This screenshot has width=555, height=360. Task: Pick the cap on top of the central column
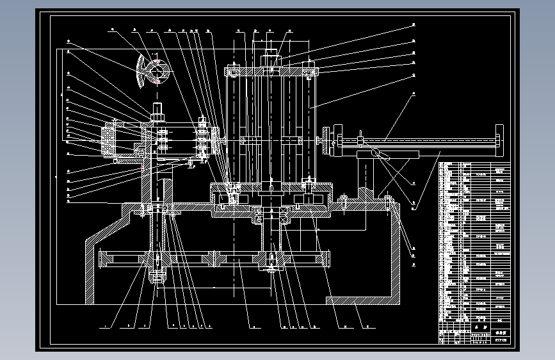(x=271, y=60)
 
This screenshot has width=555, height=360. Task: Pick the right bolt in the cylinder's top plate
(x=310, y=72)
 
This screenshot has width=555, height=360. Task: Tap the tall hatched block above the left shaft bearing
(x=166, y=192)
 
